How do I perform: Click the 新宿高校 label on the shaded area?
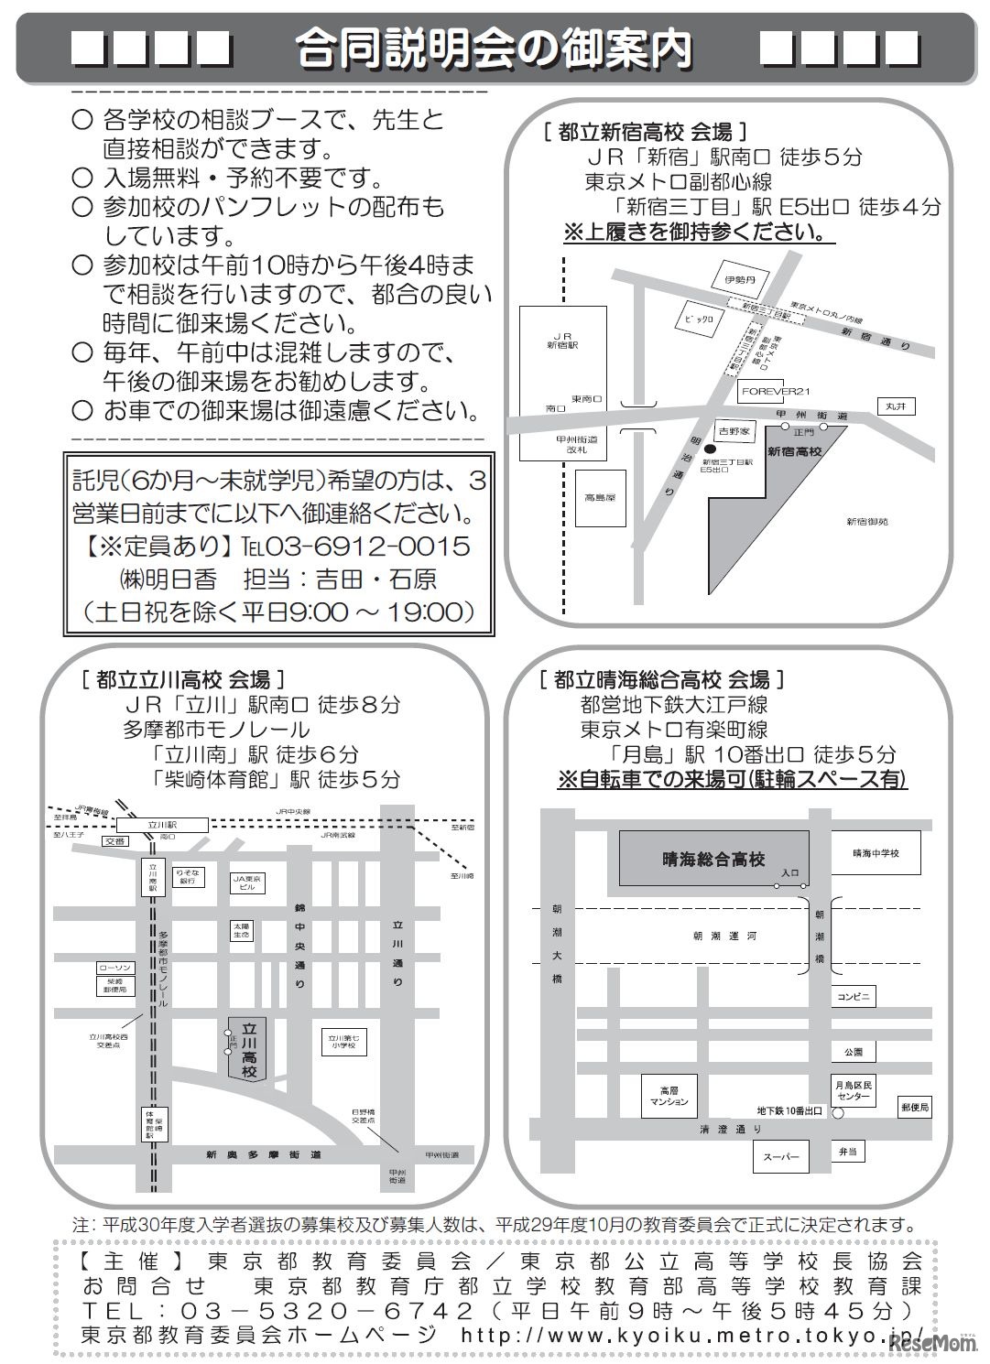point(794,452)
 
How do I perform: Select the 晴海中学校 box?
point(876,853)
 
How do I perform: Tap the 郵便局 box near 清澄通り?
point(914,1107)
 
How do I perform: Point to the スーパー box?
point(780,1156)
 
